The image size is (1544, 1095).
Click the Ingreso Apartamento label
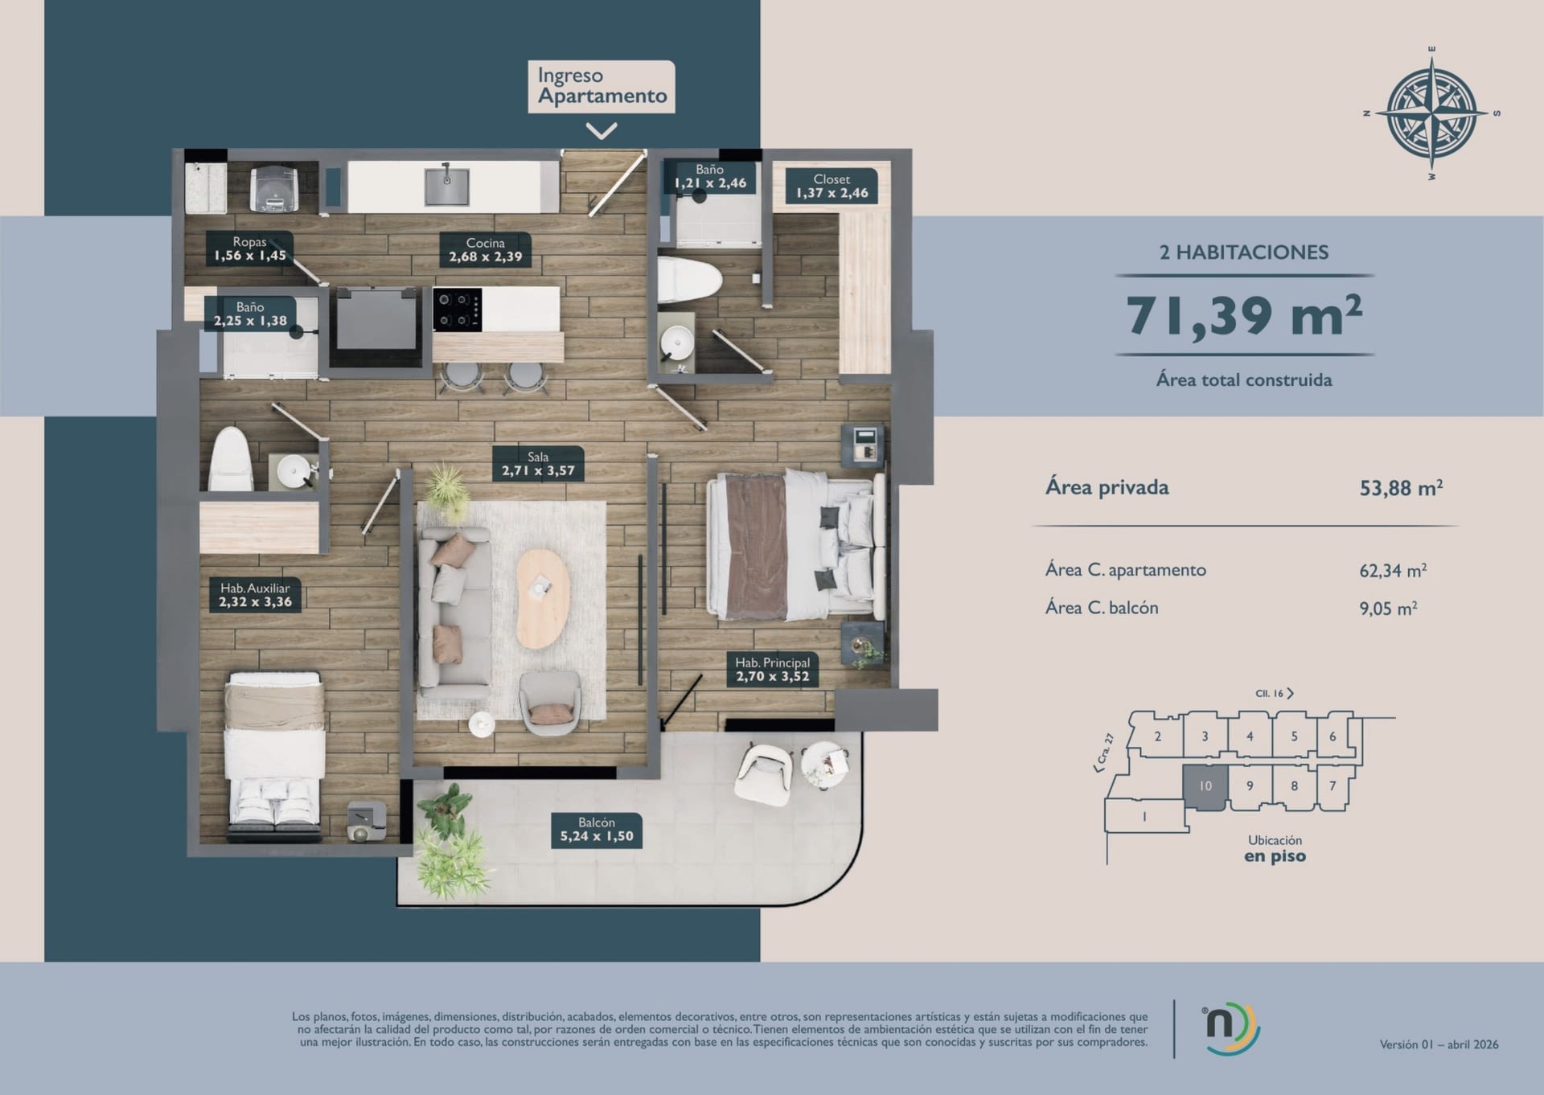click(602, 86)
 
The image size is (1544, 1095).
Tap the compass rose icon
click(1431, 113)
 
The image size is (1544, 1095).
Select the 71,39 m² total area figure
click(1244, 316)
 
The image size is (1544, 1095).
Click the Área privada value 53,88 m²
click(1401, 488)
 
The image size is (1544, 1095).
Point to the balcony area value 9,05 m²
click(1388, 609)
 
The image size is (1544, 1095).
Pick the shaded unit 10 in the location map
click(1205, 787)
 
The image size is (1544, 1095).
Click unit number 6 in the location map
click(1333, 736)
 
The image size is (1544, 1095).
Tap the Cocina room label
click(485, 250)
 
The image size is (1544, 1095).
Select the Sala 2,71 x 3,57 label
click(538, 464)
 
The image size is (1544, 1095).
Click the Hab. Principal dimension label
click(772, 669)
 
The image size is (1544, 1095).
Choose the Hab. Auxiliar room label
click(255, 595)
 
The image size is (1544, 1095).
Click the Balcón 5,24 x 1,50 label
click(597, 829)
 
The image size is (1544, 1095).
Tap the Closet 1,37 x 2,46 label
click(832, 186)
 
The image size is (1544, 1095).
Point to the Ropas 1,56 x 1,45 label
click(249, 248)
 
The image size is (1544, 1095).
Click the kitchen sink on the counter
click(446, 185)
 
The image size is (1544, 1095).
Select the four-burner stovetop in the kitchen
click(457, 310)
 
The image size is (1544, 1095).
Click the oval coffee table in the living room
click(543, 598)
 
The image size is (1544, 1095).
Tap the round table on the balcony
click(824, 765)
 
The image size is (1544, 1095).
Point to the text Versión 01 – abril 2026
click(1439, 1044)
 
